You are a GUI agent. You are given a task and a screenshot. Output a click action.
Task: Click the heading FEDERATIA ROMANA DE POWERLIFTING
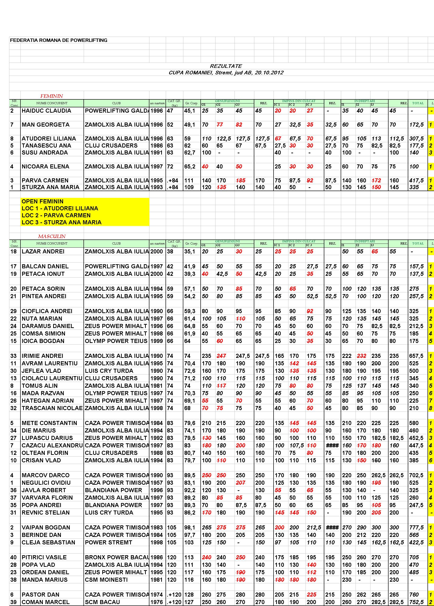tap(58, 40)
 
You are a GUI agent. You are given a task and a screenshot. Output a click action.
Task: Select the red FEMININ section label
tap(51, 96)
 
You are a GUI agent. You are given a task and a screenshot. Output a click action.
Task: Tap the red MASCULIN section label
tap(51, 236)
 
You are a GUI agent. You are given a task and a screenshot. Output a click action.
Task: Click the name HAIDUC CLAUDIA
tap(46, 111)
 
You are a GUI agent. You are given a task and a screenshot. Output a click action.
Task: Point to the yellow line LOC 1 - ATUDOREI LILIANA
tap(60, 208)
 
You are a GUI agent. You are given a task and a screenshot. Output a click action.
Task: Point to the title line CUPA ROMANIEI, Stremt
tap(226, 73)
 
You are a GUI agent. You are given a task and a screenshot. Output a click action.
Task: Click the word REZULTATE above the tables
tap(226, 66)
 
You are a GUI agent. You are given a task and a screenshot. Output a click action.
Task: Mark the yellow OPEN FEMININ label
tap(43, 201)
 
